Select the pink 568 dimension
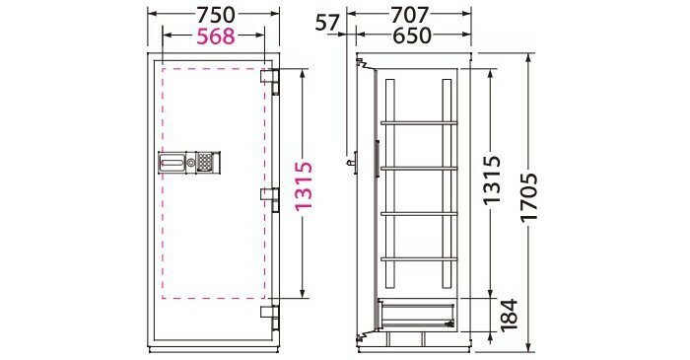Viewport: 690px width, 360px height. pyautogui.click(x=214, y=37)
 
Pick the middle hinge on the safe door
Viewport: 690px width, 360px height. pyautogui.click(x=268, y=195)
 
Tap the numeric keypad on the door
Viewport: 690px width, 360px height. pyautogui.click(x=205, y=162)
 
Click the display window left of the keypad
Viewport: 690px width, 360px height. pyautogui.click(x=173, y=161)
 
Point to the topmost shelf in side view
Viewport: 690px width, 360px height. pyautogui.click(x=418, y=122)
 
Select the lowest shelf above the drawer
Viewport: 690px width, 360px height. pyautogui.click(x=418, y=257)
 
